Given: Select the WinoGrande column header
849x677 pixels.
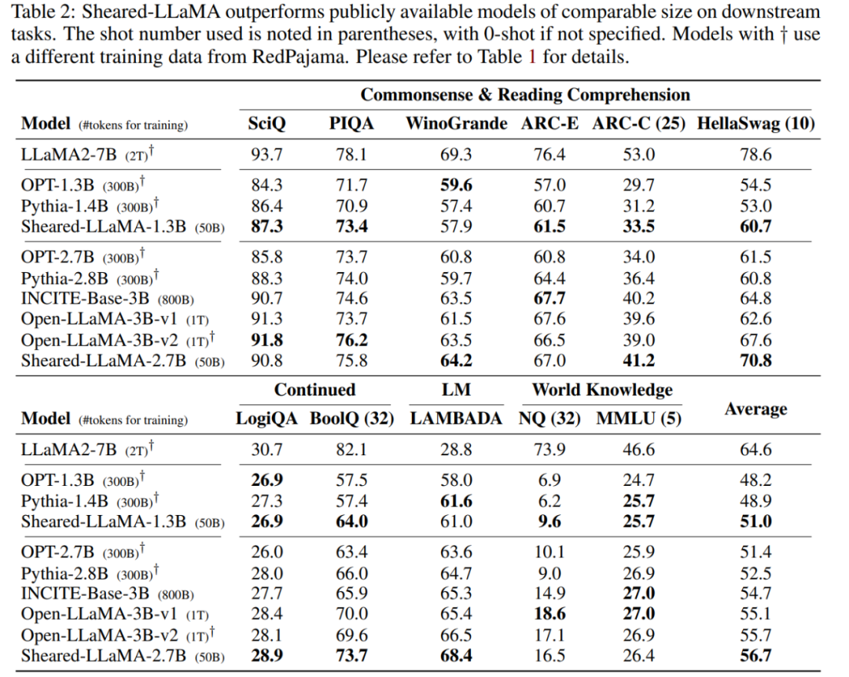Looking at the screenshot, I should point(457,123).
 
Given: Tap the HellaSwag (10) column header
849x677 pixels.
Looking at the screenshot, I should point(755,123).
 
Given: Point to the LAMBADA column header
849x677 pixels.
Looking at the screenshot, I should point(456,418).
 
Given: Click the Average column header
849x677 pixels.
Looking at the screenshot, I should point(756,408).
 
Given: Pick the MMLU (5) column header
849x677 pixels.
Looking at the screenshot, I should point(638,418).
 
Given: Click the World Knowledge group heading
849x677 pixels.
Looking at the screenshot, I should point(602,389).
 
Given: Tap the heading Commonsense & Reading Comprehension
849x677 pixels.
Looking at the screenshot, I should point(525,95).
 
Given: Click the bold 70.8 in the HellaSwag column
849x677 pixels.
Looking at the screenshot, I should point(755,362).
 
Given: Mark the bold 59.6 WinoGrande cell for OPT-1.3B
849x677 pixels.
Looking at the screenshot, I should point(457,186).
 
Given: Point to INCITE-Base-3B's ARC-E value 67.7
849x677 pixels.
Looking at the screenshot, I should point(549,299).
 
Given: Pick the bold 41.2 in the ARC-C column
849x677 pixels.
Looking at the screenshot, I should point(638,362).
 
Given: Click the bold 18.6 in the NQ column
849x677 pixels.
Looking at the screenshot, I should point(549,614).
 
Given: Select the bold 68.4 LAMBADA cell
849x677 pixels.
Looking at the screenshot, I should point(456,656).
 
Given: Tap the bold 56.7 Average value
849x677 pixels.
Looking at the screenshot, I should point(756,656).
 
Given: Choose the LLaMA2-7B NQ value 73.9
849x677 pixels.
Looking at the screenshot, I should point(549,450).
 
